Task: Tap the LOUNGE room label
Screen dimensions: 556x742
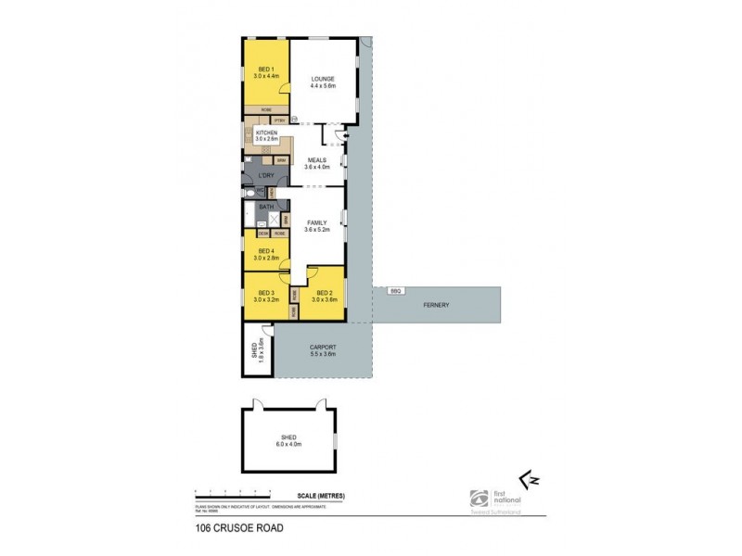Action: coord(323,79)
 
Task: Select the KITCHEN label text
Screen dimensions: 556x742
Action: coord(266,133)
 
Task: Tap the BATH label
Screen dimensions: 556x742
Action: coord(265,207)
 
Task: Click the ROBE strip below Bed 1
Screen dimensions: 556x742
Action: coord(265,110)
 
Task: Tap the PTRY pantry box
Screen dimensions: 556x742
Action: coord(279,120)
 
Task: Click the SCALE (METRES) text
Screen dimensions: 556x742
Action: coord(322,497)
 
